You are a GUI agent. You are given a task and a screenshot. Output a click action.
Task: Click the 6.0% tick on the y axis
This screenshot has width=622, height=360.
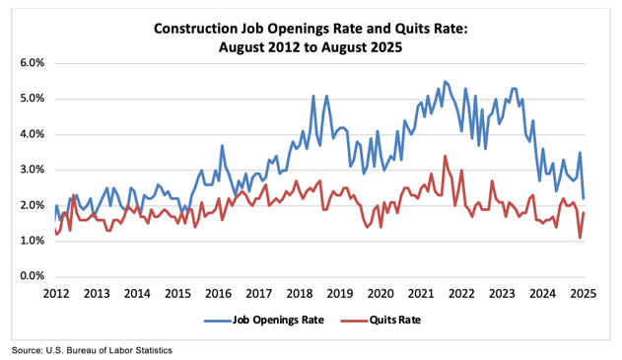32,63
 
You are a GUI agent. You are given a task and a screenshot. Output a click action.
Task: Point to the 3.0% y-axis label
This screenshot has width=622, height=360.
32,170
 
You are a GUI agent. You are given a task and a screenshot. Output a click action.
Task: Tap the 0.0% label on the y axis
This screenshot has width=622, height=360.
32,276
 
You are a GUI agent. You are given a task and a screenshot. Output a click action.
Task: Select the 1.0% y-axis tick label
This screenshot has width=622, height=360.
32,241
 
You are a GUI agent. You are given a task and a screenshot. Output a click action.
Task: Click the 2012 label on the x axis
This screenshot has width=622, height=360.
55,294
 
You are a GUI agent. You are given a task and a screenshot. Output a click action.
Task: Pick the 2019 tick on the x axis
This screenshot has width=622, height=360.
339,294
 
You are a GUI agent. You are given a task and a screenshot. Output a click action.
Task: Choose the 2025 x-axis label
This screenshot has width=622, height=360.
583,294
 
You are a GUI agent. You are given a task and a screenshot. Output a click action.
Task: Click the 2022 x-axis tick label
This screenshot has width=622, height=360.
461,294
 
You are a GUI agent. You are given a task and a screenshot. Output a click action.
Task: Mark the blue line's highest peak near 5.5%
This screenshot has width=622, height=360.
445,81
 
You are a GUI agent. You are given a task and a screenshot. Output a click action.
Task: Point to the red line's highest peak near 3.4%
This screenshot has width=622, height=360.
445,156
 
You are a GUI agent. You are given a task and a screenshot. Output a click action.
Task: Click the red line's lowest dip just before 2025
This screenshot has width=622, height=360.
580,238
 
